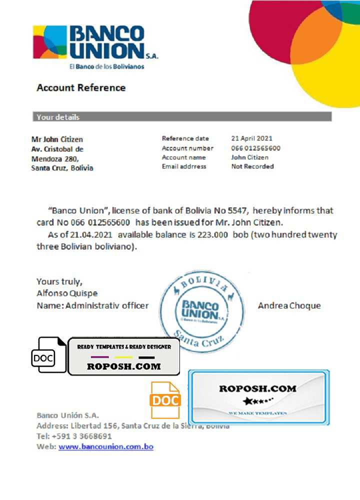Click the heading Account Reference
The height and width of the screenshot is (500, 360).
point(81,88)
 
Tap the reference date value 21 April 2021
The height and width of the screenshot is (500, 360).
point(252,138)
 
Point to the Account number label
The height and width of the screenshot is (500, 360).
point(187,148)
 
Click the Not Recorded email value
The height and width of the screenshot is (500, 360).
point(252,166)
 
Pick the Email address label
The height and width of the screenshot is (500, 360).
point(184,166)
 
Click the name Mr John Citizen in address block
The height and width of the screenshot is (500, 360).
point(57,139)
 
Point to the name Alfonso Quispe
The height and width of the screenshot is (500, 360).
point(67,293)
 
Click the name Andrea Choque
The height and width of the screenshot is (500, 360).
point(289,306)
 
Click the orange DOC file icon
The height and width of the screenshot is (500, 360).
point(165,400)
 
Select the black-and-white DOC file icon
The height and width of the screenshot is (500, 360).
point(48,355)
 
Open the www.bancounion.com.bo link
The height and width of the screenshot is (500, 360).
point(106,446)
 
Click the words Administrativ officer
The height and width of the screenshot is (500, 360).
point(107,305)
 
